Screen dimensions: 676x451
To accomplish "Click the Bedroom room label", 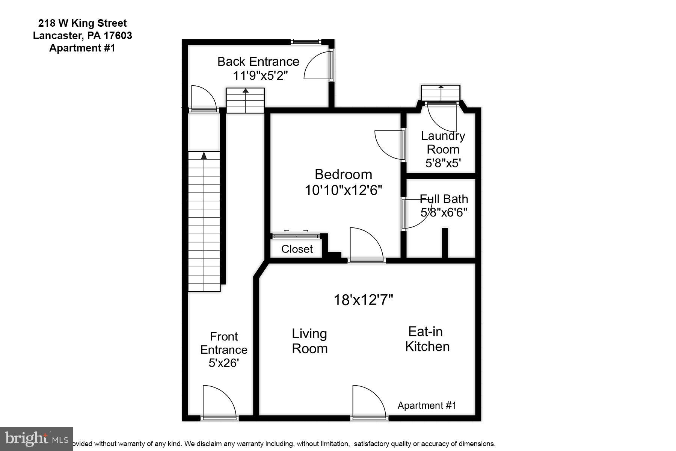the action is click(x=343, y=174).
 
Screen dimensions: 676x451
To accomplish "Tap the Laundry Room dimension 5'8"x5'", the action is click(x=443, y=163).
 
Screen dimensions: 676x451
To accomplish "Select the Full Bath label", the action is click(x=444, y=199).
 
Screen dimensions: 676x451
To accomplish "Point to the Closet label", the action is click(x=297, y=249).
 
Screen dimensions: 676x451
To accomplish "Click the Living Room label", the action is click(x=309, y=341).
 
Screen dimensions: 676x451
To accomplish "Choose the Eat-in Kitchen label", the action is click(x=427, y=339).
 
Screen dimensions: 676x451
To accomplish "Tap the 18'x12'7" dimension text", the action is click(x=363, y=300).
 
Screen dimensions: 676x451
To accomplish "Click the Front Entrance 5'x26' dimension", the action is click(x=224, y=363).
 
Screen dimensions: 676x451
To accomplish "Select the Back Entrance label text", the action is click(x=258, y=61).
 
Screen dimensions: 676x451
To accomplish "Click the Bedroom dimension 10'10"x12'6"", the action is click(x=343, y=190).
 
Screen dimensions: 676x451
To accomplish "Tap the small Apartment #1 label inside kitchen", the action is click(x=427, y=406).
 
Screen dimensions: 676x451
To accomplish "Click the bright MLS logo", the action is click(x=36, y=439).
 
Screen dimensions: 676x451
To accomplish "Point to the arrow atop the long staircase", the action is click(x=204, y=155).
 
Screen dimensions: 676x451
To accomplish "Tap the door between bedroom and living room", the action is click(x=367, y=243).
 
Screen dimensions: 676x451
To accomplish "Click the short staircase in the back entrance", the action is click(x=245, y=100).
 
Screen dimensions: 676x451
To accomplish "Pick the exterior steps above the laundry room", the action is click(x=441, y=93).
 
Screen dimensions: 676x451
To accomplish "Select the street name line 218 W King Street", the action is click(x=83, y=23).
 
